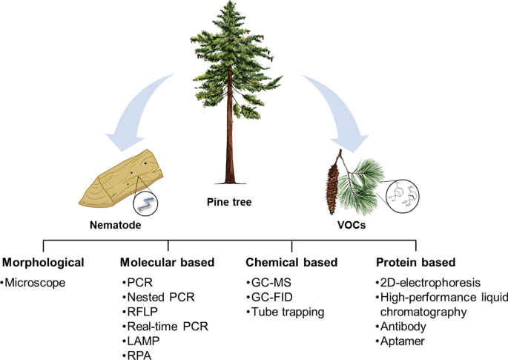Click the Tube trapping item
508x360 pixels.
(287, 312)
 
